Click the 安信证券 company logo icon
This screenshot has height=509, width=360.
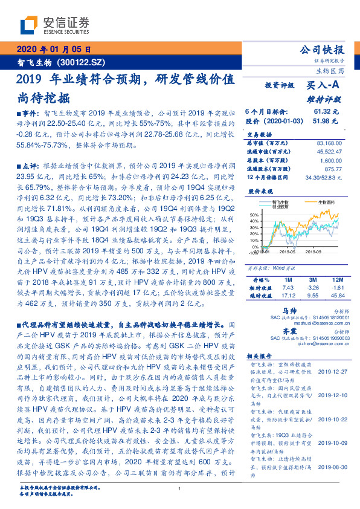click(30, 25)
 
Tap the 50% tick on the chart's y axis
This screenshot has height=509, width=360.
click(254, 215)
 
